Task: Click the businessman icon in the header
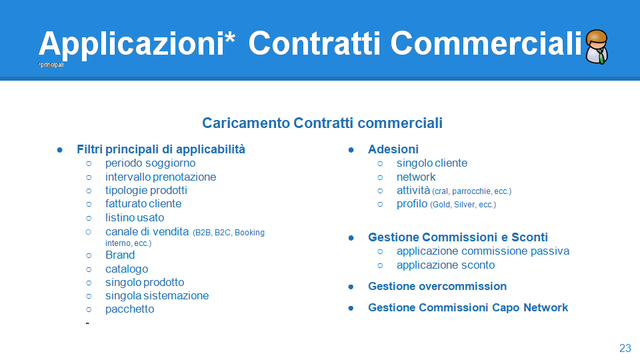(x=597, y=47)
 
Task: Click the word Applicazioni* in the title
(x=137, y=44)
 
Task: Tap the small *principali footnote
(x=51, y=65)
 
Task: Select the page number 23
(x=625, y=348)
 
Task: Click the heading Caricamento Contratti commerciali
(x=322, y=123)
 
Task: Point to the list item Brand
(x=120, y=255)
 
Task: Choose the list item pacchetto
(x=130, y=309)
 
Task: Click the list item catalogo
(x=127, y=269)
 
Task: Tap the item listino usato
(x=135, y=217)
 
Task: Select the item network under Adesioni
(x=416, y=177)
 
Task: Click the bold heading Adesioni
(x=393, y=149)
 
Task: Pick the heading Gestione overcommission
(x=437, y=286)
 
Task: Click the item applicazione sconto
(x=445, y=265)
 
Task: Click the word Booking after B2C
(x=249, y=233)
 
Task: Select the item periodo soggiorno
(x=150, y=163)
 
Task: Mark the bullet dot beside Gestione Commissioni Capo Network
(x=351, y=308)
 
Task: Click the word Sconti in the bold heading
(x=529, y=237)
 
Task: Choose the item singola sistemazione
(x=157, y=295)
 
